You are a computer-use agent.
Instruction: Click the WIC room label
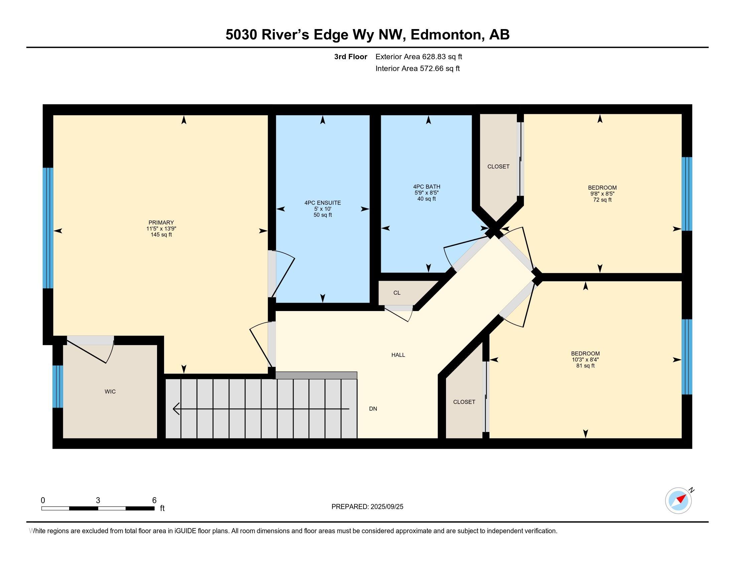point(110,392)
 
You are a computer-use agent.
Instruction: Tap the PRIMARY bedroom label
point(161,223)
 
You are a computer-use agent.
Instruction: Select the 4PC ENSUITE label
point(323,203)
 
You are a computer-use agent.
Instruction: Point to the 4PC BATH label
point(427,187)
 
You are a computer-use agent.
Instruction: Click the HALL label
point(398,355)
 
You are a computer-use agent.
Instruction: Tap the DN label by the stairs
point(373,409)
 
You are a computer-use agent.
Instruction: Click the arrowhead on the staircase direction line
point(176,409)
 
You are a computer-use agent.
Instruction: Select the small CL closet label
point(397,293)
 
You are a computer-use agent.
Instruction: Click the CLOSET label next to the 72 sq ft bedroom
point(498,167)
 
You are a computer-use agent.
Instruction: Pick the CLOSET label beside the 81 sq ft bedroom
point(464,402)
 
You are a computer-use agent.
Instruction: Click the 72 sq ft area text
point(602,200)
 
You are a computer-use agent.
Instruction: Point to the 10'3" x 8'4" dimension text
point(585,360)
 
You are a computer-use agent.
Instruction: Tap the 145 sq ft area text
point(161,235)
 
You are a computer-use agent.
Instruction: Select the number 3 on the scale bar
point(98,501)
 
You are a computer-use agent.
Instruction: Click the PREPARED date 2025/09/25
point(387,507)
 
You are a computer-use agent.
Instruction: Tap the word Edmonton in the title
point(446,35)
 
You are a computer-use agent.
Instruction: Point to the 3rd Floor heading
point(351,57)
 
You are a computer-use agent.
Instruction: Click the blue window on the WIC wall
point(57,386)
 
